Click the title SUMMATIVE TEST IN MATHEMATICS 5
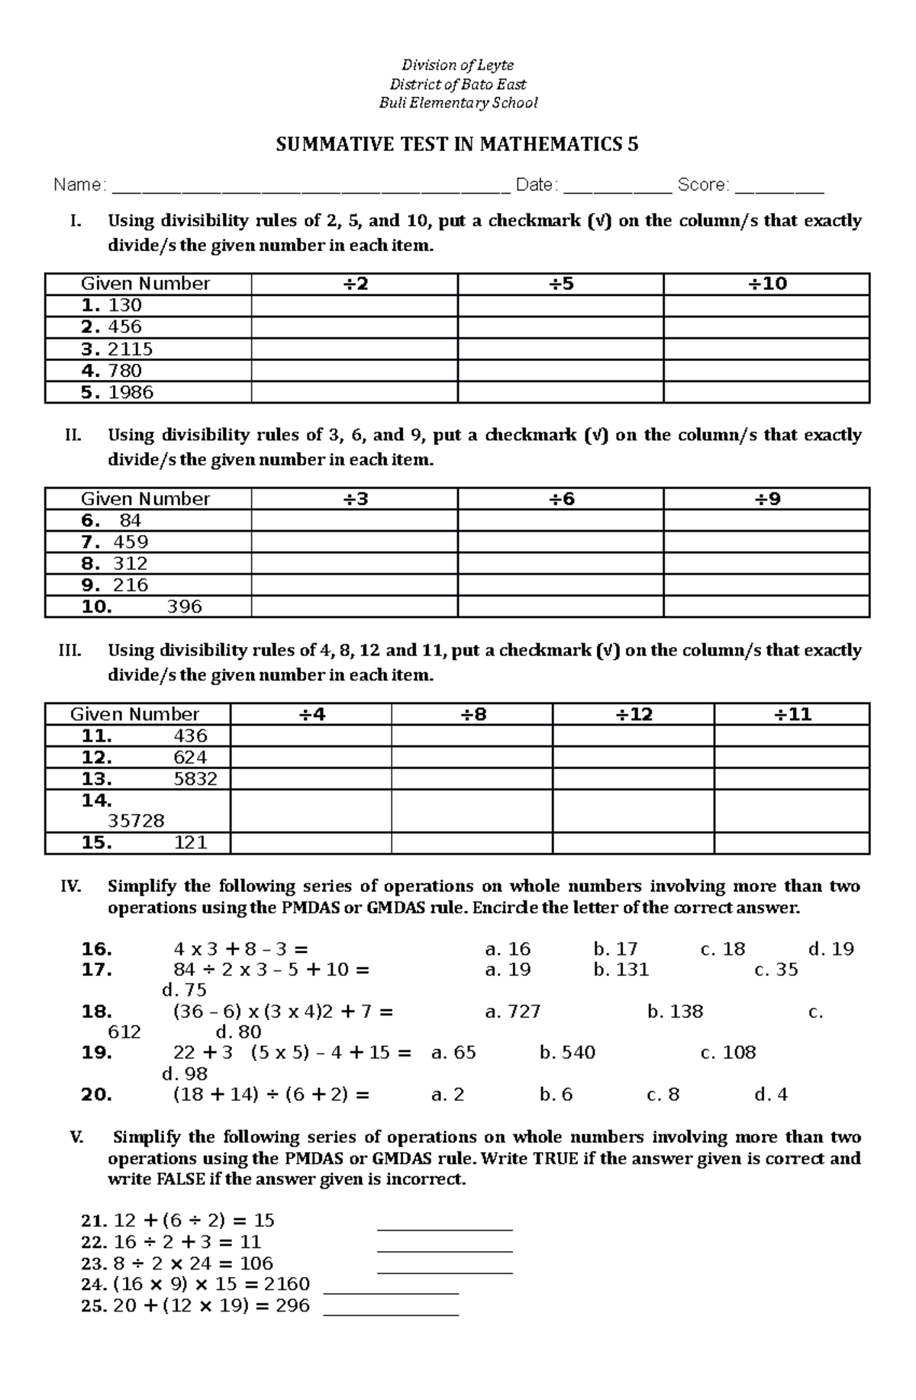[x=456, y=145]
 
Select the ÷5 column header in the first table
[x=560, y=284]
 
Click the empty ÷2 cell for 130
[x=354, y=306]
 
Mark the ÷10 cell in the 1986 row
[x=766, y=393]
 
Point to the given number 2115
[x=130, y=349]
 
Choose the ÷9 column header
[x=766, y=499]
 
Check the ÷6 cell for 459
[x=560, y=542]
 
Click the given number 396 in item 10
[x=184, y=607]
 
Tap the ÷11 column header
[x=792, y=715]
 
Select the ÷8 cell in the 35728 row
[x=472, y=811]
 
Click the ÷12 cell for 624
[x=633, y=758]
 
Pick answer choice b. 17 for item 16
[x=615, y=949]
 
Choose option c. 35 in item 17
[x=776, y=970]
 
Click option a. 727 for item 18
[x=513, y=1012]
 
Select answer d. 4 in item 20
[x=770, y=1095]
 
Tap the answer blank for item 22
[x=445, y=1243]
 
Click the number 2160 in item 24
[x=286, y=1284]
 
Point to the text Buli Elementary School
[x=458, y=103]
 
